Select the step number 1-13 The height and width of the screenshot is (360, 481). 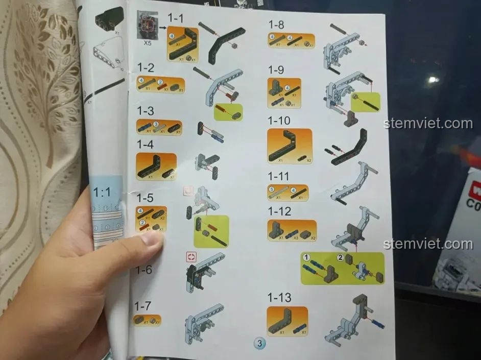pos(279,297)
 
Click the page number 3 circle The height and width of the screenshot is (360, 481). pos(259,344)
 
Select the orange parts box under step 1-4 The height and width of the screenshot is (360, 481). pos(156,166)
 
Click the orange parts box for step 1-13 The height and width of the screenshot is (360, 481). pos(287,321)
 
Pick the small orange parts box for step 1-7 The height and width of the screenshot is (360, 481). pos(147,321)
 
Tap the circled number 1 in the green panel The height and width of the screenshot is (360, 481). pos(306,257)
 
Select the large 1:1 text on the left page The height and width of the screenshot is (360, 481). pos(102,192)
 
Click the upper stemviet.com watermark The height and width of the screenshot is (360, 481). pos(428,124)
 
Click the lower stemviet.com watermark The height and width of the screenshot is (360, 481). pos(428,244)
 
